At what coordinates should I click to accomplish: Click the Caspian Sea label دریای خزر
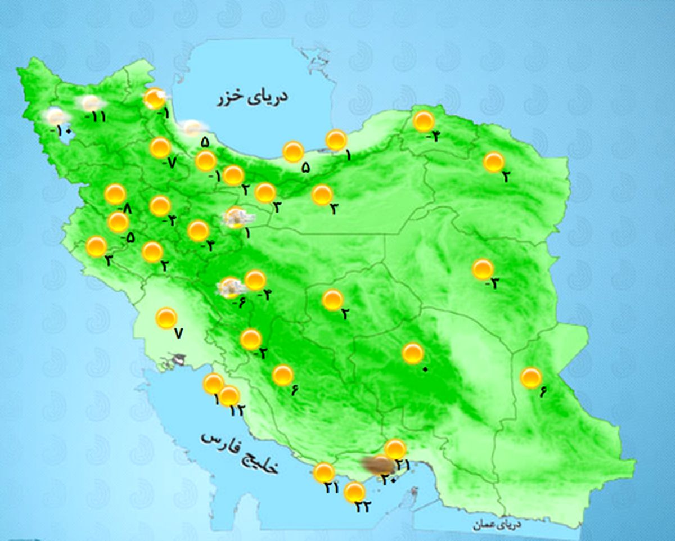point(253,97)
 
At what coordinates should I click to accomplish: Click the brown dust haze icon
point(377,464)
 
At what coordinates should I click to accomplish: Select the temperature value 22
point(362,506)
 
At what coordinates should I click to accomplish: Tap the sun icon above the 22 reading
point(354,492)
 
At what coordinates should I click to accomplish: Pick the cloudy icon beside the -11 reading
point(91,103)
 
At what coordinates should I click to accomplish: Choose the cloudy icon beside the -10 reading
point(56,116)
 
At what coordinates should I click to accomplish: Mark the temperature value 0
point(425,369)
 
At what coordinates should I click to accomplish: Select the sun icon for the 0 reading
point(413,353)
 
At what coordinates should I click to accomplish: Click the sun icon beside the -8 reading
point(115,194)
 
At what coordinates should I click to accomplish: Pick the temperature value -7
point(169,163)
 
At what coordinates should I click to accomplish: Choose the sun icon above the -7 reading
point(160,147)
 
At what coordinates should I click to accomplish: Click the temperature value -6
point(241,302)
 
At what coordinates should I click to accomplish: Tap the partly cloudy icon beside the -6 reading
point(231,287)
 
